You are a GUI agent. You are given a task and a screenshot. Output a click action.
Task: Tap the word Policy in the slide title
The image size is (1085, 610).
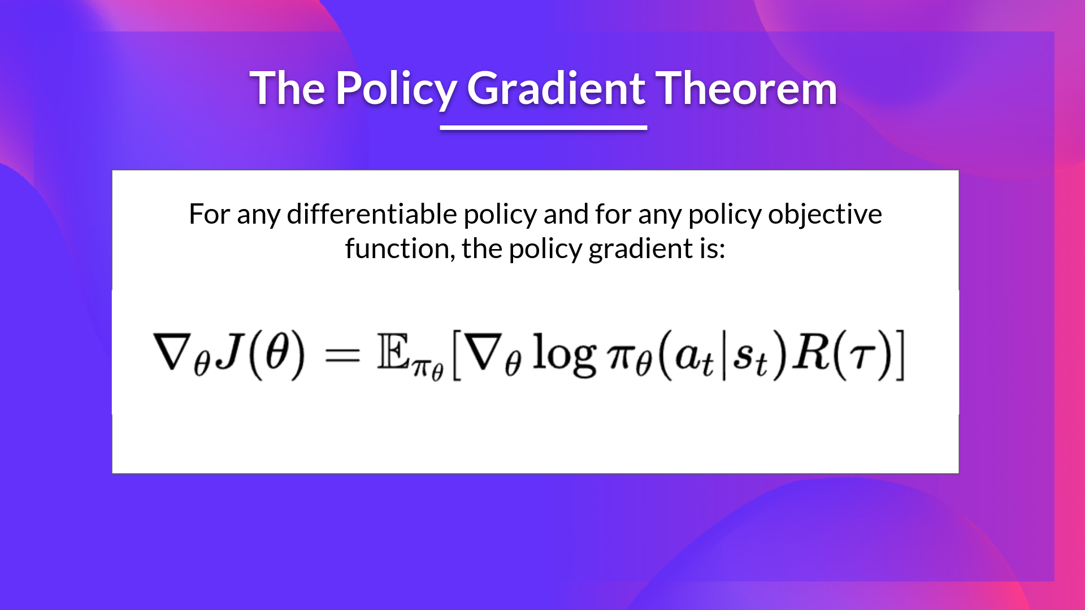pos(395,89)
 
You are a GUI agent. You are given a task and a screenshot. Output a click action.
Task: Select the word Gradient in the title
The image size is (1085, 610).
pos(556,89)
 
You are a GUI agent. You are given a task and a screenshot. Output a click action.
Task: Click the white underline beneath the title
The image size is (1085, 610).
pos(543,128)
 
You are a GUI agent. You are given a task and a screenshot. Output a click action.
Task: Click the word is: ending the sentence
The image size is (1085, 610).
pos(712,249)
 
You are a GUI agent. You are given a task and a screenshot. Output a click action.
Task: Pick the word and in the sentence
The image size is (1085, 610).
pos(566,215)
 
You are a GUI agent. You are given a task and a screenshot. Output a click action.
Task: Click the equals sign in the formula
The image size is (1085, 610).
pos(342,355)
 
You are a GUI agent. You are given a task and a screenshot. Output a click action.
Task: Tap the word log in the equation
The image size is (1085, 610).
pos(564,355)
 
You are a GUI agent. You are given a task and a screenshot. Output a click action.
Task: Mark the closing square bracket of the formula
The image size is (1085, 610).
pos(900,355)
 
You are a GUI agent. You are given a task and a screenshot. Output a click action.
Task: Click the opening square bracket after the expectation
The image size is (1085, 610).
pos(457,356)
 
